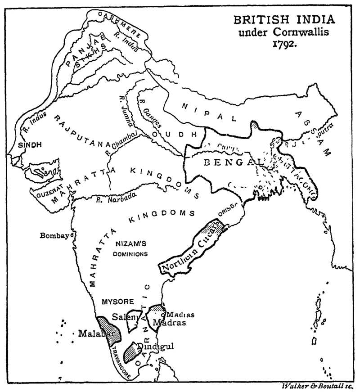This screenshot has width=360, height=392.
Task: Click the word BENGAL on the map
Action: [x=227, y=162]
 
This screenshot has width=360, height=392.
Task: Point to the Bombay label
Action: [x=54, y=235]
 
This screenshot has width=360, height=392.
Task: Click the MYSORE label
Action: [x=116, y=302]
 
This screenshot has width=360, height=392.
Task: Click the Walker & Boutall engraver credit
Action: [x=318, y=386]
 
